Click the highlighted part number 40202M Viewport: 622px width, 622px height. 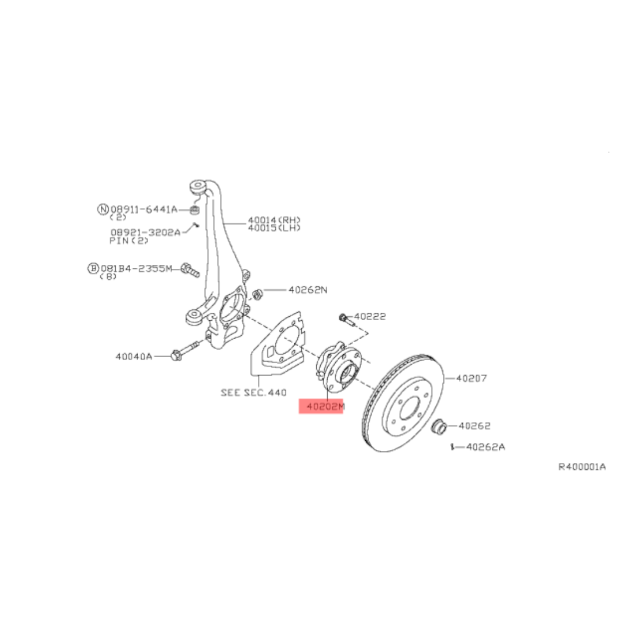tap(325, 406)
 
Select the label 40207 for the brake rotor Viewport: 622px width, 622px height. tap(471, 378)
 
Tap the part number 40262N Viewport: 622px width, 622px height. tap(308, 290)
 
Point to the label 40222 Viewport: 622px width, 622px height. tap(370, 316)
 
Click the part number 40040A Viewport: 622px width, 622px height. tap(134, 356)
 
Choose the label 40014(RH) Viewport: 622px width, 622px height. tap(274, 220)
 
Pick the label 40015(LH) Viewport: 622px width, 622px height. tap(274, 227)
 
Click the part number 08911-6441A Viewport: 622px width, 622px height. tap(144, 209)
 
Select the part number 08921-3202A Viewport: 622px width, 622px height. tap(145, 232)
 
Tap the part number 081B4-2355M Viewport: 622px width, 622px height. tap(136, 268)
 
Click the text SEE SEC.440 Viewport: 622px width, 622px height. tap(253, 392)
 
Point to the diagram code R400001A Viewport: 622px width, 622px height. tap(582, 466)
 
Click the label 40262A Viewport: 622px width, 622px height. tap(486, 447)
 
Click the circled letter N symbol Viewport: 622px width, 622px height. tap(103, 209)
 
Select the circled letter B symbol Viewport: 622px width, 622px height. tap(93, 268)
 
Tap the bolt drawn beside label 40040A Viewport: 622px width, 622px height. tap(184, 350)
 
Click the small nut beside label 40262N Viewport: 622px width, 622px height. tap(257, 295)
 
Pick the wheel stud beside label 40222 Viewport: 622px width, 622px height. tap(347, 319)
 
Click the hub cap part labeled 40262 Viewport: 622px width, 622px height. tap(439, 426)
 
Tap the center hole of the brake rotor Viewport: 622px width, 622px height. tap(409, 408)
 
